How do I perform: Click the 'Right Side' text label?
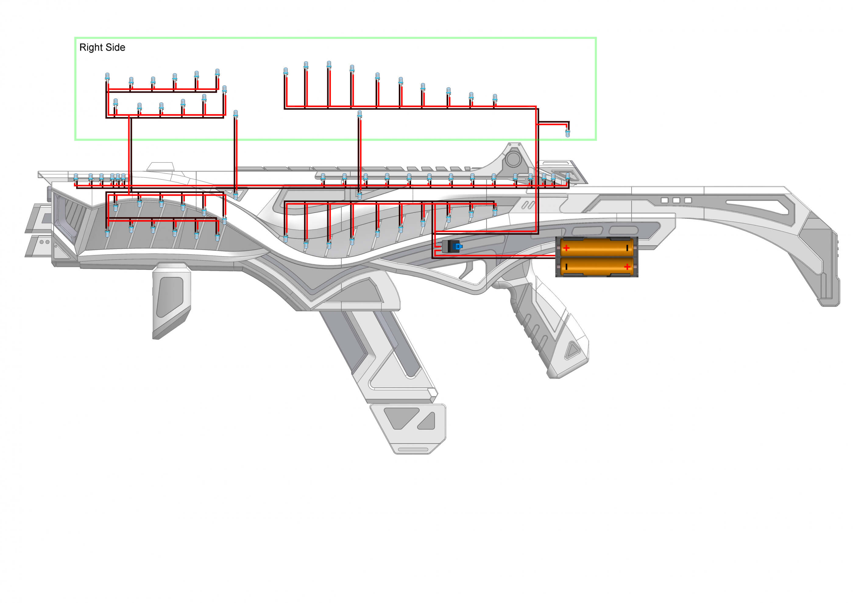[102, 48]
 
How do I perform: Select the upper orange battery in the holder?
[596, 247]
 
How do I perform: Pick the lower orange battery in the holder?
[596, 266]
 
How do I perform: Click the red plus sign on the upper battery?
[566, 248]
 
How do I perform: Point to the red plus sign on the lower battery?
[627, 266]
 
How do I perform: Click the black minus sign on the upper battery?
[627, 248]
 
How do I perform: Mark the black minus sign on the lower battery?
[566, 266]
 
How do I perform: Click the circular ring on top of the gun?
[513, 159]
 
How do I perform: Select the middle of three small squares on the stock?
[676, 200]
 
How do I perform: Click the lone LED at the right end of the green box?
[567, 132]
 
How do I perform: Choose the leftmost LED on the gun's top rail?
[76, 177]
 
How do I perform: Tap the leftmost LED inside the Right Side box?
[107, 76]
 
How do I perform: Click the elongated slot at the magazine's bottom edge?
[413, 450]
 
